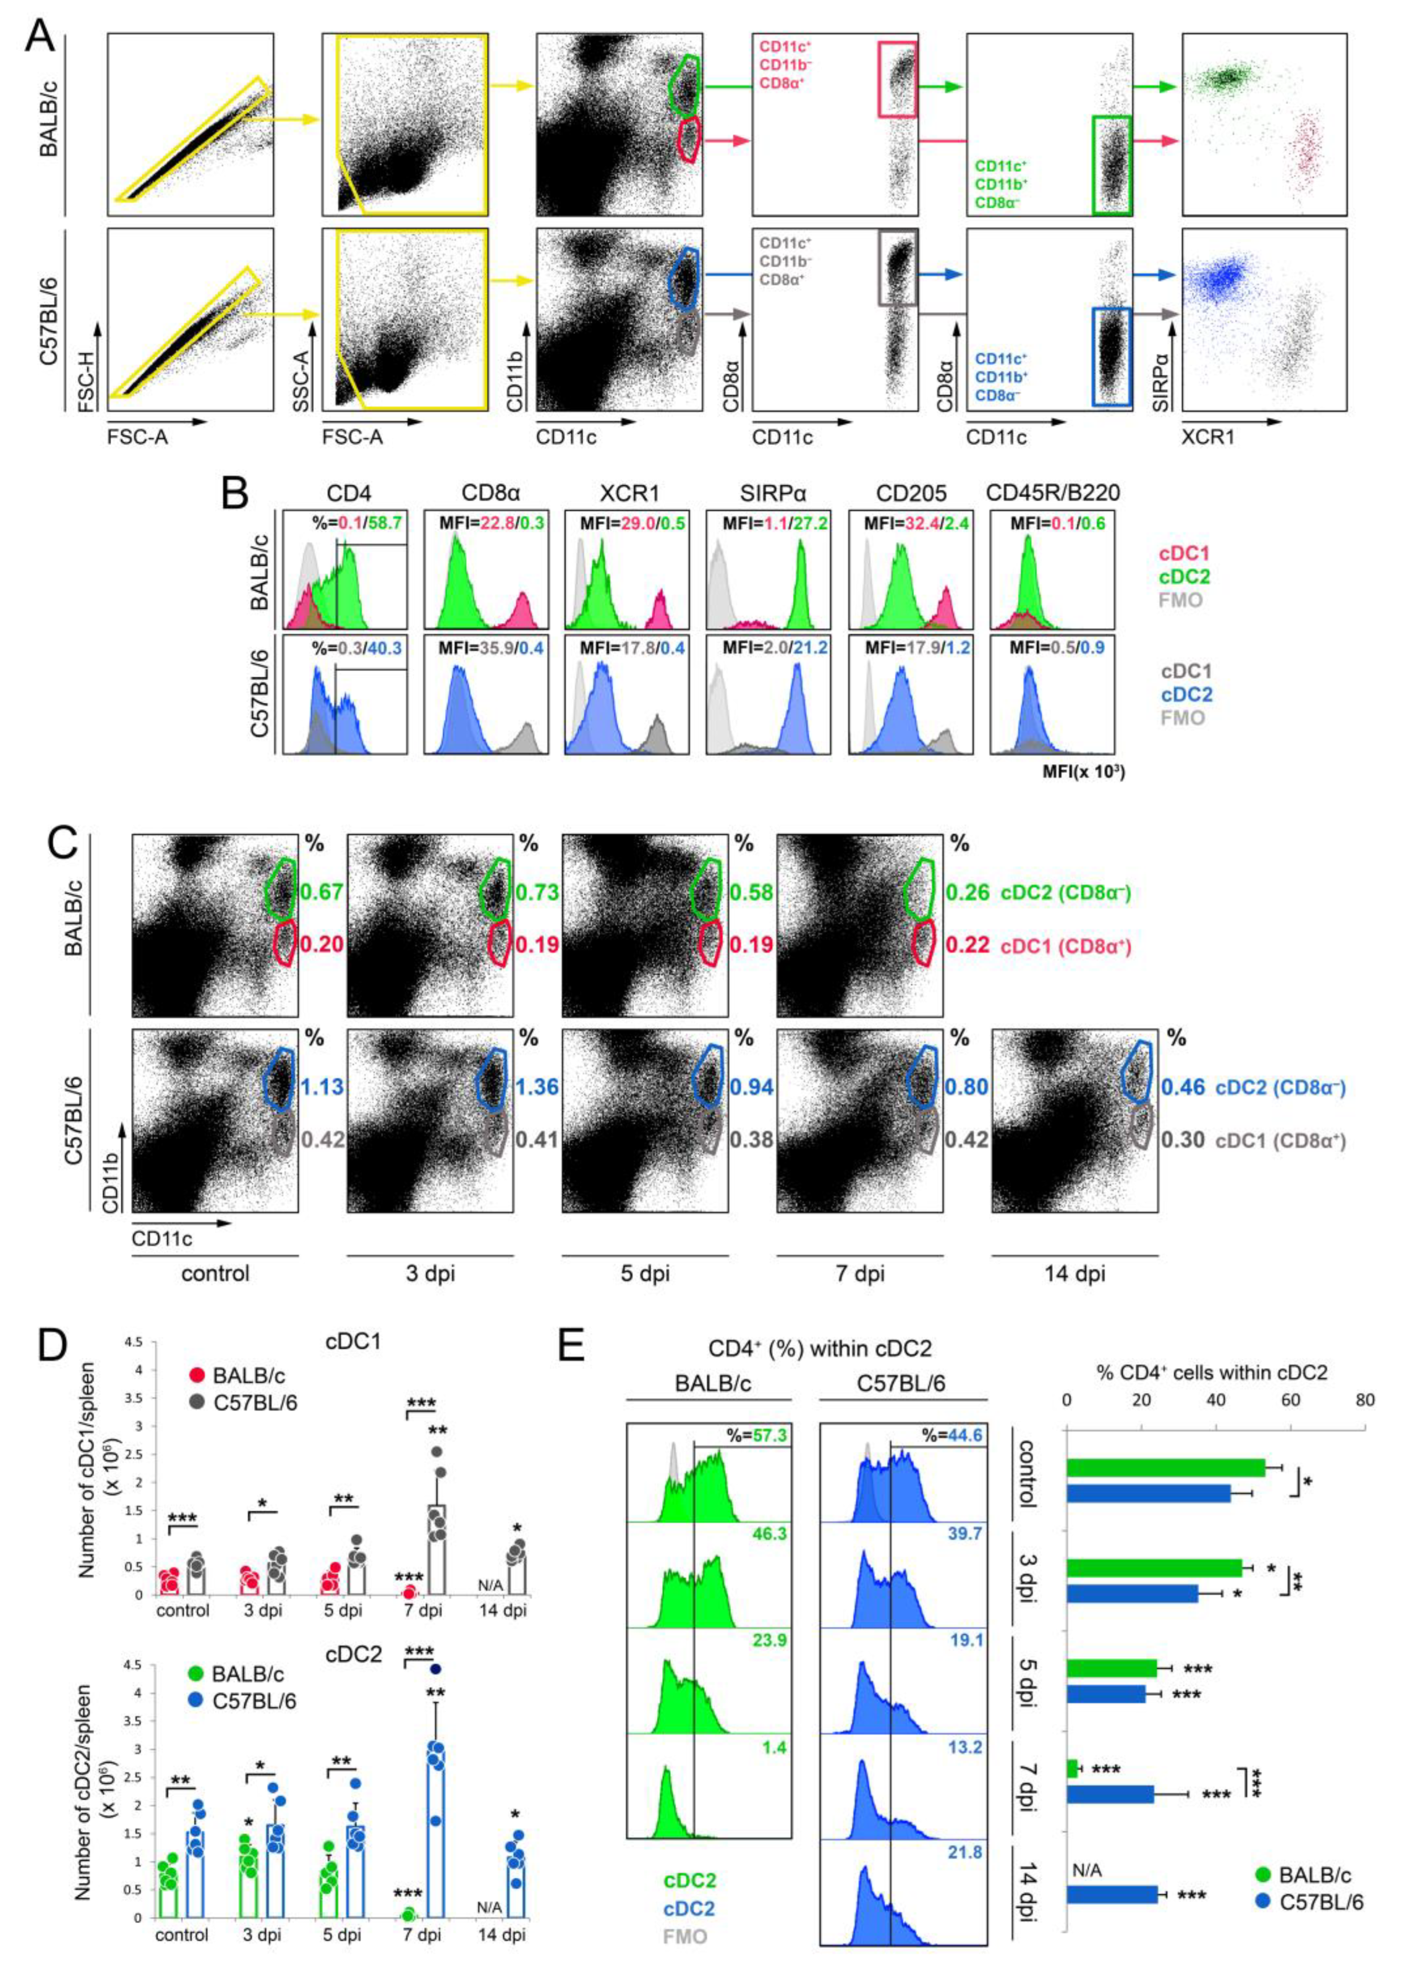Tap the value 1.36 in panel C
click(x=537, y=1086)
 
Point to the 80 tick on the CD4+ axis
click(x=1365, y=1400)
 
